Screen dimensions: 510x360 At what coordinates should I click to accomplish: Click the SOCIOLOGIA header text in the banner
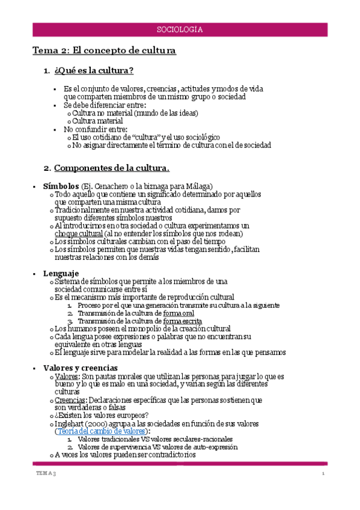[180, 29]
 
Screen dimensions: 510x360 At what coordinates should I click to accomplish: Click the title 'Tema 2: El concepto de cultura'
[104, 51]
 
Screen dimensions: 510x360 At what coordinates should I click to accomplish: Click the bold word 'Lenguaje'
[61, 274]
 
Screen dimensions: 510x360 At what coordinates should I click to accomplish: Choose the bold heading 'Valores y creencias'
[81, 367]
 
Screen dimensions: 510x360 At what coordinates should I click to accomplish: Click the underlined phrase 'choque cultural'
[78, 233]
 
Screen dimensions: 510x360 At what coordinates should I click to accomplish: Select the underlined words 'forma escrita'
[183, 321]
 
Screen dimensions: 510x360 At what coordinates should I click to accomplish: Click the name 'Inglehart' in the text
[71, 423]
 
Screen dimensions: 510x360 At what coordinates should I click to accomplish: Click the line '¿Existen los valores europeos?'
[103, 415]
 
